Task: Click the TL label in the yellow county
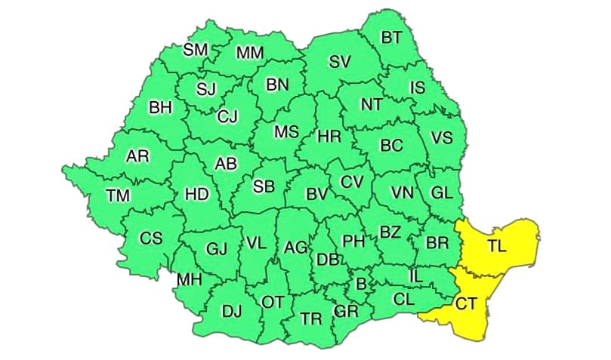[497, 245]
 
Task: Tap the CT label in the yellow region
[465, 303]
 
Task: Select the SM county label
[196, 51]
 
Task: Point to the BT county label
[391, 38]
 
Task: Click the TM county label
[118, 195]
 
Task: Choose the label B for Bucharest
[360, 284]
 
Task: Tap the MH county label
[189, 280]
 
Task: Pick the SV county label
[339, 62]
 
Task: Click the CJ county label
[227, 116]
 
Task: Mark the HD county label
[196, 194]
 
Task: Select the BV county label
[316, 194]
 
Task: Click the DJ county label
[231, 310]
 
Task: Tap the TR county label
[310, 318]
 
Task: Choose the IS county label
[417, 88]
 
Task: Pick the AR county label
[137, 156]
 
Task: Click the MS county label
[286, 131]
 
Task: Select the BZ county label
[390, 232]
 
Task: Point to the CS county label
[151, 238]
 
